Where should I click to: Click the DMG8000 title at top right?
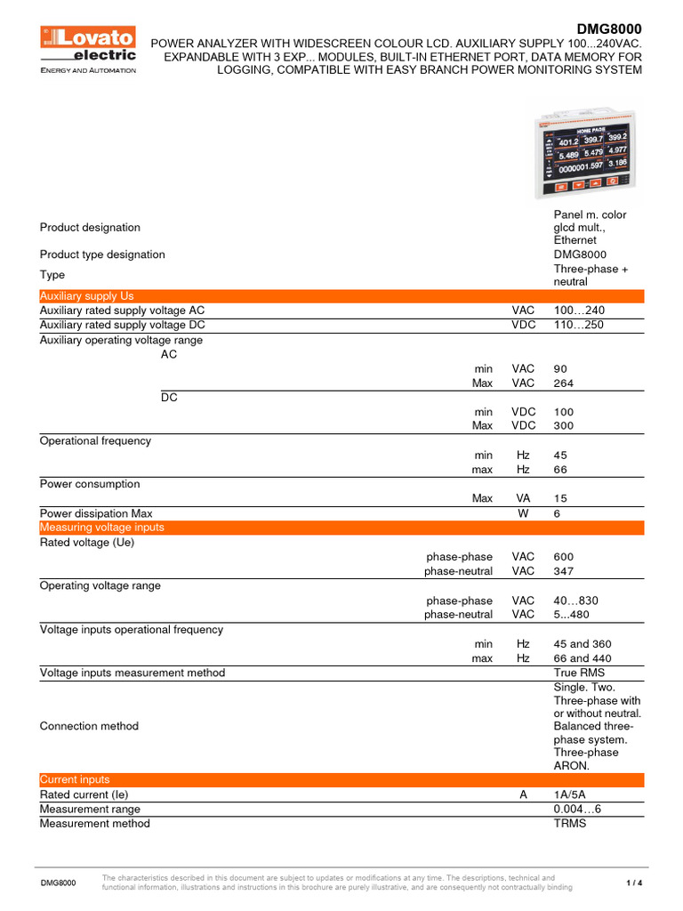click(610, 28)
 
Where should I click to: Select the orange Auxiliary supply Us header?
click(341, 296)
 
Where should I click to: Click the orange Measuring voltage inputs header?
click(341, 528)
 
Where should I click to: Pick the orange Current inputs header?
click(341, 779)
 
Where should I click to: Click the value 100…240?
click(579, 310)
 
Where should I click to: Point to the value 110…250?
click(579, 325)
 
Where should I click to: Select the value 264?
click(564, 383)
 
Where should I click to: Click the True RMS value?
click(578, 673)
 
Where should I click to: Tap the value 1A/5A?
click(571, 794)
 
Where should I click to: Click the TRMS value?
click(570, 823)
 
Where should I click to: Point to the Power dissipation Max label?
click(96, 513)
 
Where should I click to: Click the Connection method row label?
click(89, 726)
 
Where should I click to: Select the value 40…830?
click(575, 601)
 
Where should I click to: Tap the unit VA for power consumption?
click(523, 499)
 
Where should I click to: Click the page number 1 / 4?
click(634, 883)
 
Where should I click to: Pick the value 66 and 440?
click(583, 658)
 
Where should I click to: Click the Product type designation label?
click(102, 254)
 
